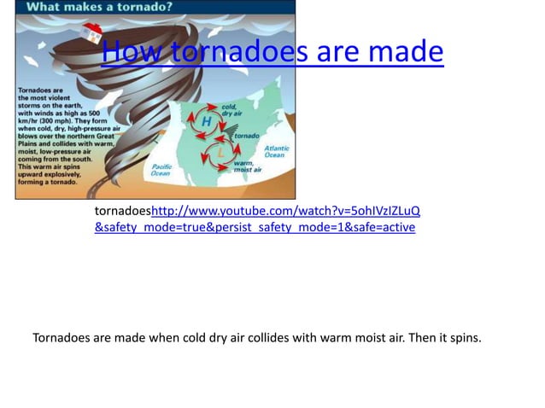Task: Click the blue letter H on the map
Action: point(206,122)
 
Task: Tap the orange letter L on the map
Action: point(220,152)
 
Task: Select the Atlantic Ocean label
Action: point(276,151)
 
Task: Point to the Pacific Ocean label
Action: point(161,170)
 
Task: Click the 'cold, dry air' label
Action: point(231,109)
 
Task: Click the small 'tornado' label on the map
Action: point(247,136)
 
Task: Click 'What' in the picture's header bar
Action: point(53,7)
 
